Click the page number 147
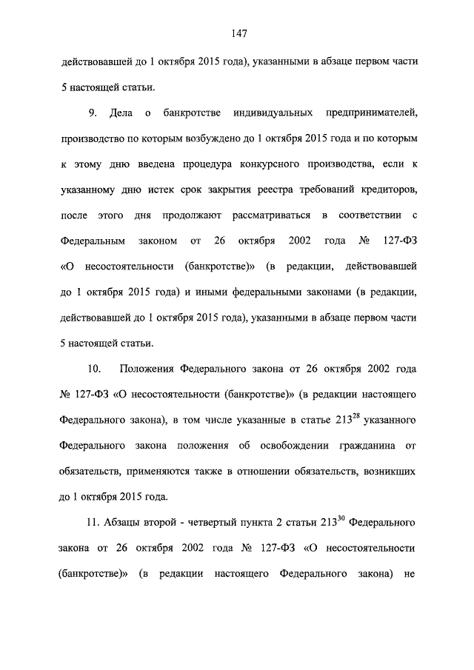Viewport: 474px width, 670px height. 238,33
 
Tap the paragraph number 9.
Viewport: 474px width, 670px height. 92,113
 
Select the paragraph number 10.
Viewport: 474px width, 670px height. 94,369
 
